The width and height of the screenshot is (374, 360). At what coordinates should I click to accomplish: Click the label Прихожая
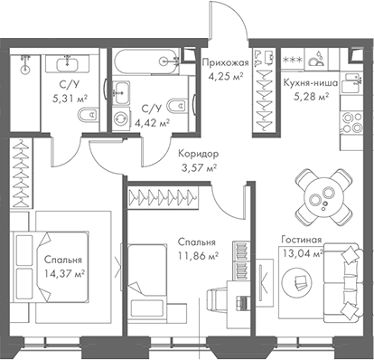click(x=224, y=62)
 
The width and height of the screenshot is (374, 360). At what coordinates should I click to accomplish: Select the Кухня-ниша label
click(x=309, y=82)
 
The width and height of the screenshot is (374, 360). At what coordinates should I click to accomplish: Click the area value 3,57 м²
click(x=198, y=167)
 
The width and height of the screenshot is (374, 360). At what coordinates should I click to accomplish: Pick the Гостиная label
click(x=300, y=242)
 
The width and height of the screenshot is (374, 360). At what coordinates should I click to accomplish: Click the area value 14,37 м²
click(x=63, y=272)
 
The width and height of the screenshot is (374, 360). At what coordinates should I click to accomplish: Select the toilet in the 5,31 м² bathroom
click(x=85, y=115)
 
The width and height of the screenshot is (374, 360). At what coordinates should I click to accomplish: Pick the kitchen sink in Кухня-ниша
click(x=317, y=59)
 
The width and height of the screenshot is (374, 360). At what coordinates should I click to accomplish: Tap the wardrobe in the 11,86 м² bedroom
click(x=164, y=194)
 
